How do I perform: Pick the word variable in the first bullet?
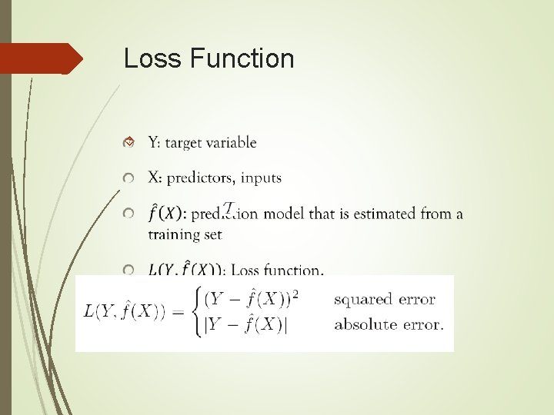pos(233,142)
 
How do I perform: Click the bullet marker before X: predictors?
pos(130,178)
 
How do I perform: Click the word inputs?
pos(262,178)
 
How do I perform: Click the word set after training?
pos(213,234)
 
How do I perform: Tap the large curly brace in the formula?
pos(199,310)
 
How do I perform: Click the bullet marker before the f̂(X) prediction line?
pos(130,214)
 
